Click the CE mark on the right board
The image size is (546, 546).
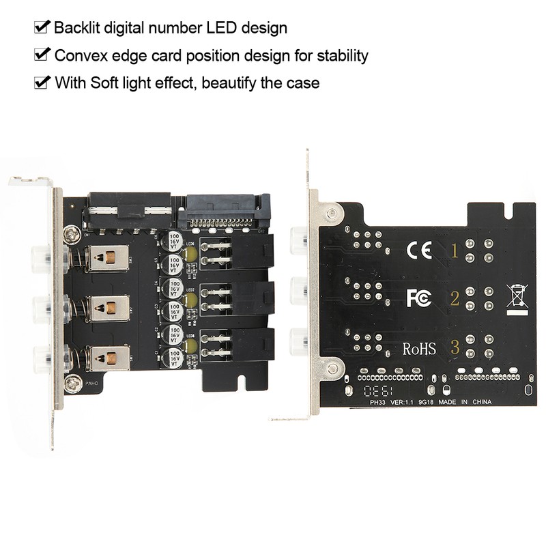[419, 250]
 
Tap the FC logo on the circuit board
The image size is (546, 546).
[418, 298]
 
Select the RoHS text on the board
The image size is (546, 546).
[418, 349]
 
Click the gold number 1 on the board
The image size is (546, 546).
[455, 250]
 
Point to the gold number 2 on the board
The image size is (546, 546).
[455, 298]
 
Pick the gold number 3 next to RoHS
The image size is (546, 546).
[455, 348]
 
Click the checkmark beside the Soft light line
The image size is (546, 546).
[42, 83]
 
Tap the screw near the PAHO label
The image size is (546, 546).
[73, 384]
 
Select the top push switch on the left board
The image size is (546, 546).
[109, 257]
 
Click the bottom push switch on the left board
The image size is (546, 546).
[109, 358]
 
